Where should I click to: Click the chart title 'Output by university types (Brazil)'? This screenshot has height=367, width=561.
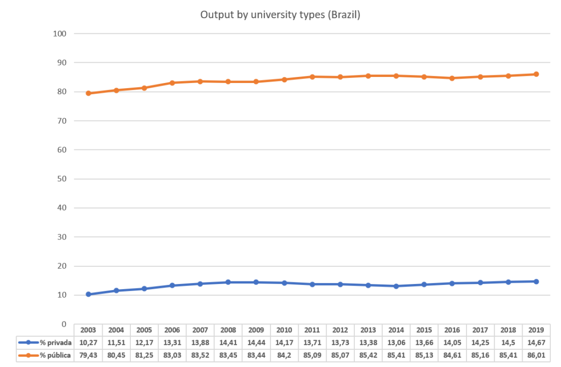(280, 15)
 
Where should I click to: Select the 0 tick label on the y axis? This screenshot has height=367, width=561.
(63, 324)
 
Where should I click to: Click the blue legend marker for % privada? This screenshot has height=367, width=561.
(28, 342)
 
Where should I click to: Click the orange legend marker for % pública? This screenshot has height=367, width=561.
(28, 355)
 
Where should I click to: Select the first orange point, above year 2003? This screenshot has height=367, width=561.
(88, 93)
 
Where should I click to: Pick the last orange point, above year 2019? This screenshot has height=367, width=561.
(536, 74)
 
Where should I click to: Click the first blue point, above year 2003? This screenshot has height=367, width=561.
(88, 294)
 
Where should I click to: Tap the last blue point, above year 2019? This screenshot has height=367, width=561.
(536, 281)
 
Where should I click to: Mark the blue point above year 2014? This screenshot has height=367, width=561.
(396, 286)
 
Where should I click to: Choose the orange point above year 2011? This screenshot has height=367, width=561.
(312, 77)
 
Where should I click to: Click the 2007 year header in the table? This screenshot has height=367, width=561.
(200, 329)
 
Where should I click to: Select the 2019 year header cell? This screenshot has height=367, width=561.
(536, 329)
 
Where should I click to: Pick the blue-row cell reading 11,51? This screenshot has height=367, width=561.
(116, 342)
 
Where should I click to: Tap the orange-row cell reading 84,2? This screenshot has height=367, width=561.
(284, 355)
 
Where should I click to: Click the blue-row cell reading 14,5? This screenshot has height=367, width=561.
(508, 342)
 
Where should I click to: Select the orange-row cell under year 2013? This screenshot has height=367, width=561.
(368, 355)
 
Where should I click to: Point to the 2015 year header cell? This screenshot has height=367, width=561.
(424, 329)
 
